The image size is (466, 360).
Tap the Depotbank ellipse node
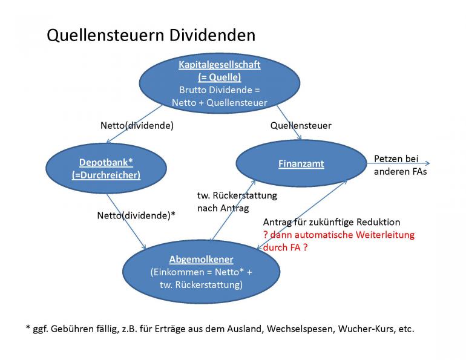click(106, 168)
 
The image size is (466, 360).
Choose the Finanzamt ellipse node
click(301, 164)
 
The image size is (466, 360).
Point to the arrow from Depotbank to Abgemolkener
click(125, 220)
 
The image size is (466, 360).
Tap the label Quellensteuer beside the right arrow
click(301, 126)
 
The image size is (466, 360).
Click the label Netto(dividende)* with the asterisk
click(136, 214)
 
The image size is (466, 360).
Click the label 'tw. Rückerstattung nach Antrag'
click(237, 202)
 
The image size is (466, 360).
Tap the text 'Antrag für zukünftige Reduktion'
click(331, 222)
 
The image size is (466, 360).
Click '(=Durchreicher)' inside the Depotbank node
click(106, 175)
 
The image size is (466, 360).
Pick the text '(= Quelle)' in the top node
click(219, 77)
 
